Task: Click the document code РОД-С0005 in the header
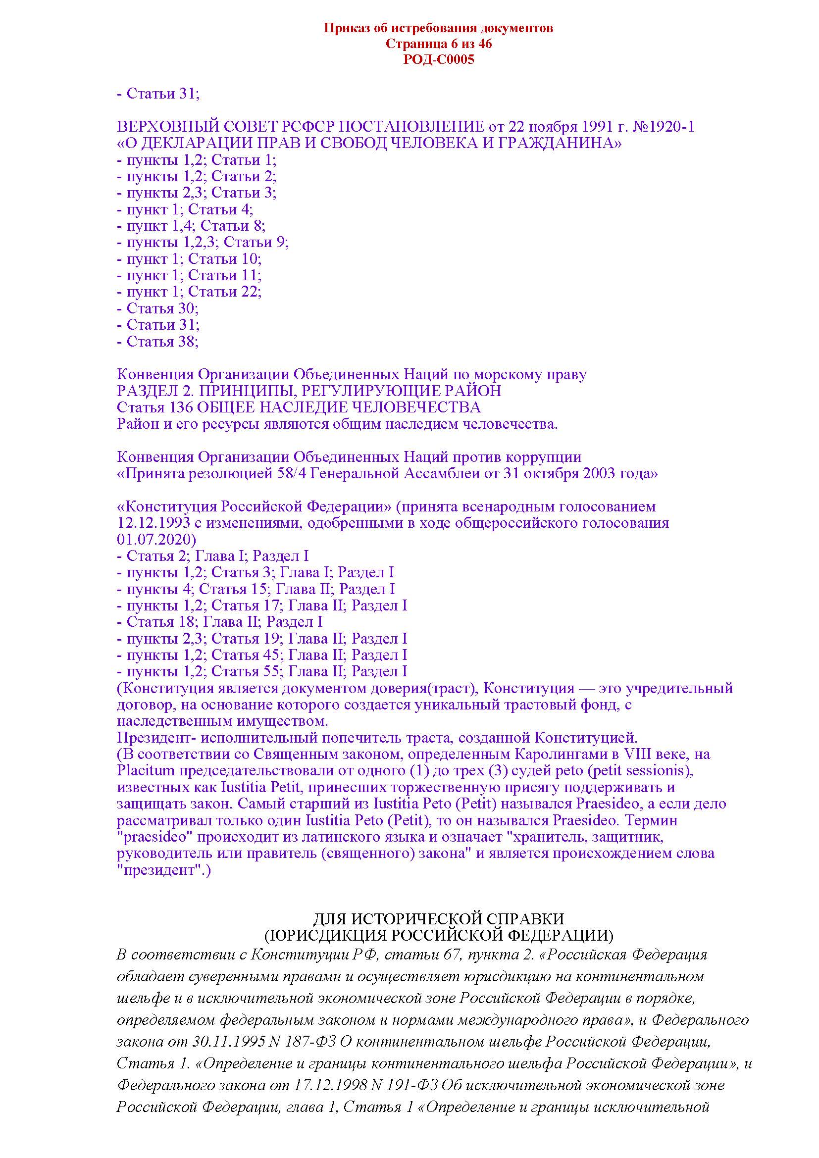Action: point(438,60)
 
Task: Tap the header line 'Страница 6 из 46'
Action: point(438,44)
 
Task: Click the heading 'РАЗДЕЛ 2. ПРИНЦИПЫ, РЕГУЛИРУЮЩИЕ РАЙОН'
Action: point(308,391)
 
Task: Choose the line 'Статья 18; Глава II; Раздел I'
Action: point(219,622)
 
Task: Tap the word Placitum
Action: point(146,771)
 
